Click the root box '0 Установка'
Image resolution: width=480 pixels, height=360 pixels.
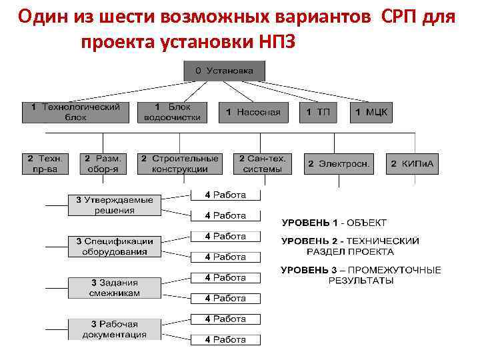(x=224, y=70)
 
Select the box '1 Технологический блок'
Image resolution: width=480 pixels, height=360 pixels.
(x=75, y=111)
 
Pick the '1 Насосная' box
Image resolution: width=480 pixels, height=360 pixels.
(x=253, y=112)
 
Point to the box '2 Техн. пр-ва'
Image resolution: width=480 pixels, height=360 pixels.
(x=45, y=163)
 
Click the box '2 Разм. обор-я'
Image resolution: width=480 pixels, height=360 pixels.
(x=103, y=163)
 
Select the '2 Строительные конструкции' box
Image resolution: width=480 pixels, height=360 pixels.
(x=179, y=163)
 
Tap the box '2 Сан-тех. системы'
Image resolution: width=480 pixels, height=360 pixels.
(x=261, y=163)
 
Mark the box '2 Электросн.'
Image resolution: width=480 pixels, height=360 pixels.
(x=338, y=163)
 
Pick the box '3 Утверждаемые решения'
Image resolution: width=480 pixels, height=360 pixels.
(x=114, y=205)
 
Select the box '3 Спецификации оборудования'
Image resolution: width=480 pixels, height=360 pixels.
(x=114, y=246)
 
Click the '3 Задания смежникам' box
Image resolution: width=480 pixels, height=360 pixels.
(x=114, y=288)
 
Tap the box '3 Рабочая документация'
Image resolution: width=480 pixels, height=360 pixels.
(x=114, y=329)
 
